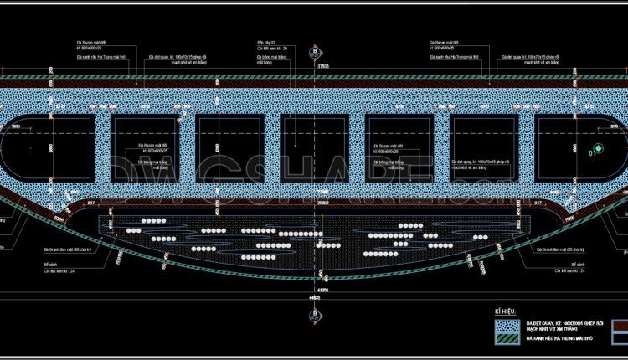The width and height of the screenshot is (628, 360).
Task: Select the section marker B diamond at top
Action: [314, 51]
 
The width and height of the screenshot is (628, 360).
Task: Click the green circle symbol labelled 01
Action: [595, 153]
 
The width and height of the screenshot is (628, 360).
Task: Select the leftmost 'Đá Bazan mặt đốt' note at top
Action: [90, 42]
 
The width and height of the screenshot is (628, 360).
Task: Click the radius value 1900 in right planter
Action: [612, 125]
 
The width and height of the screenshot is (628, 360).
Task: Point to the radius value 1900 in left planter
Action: [15, 125]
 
